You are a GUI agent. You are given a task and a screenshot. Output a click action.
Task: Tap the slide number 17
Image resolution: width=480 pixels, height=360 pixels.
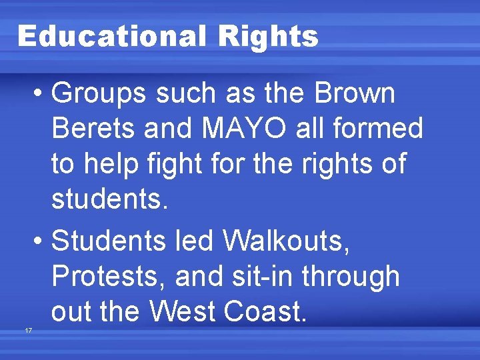point(27,331)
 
